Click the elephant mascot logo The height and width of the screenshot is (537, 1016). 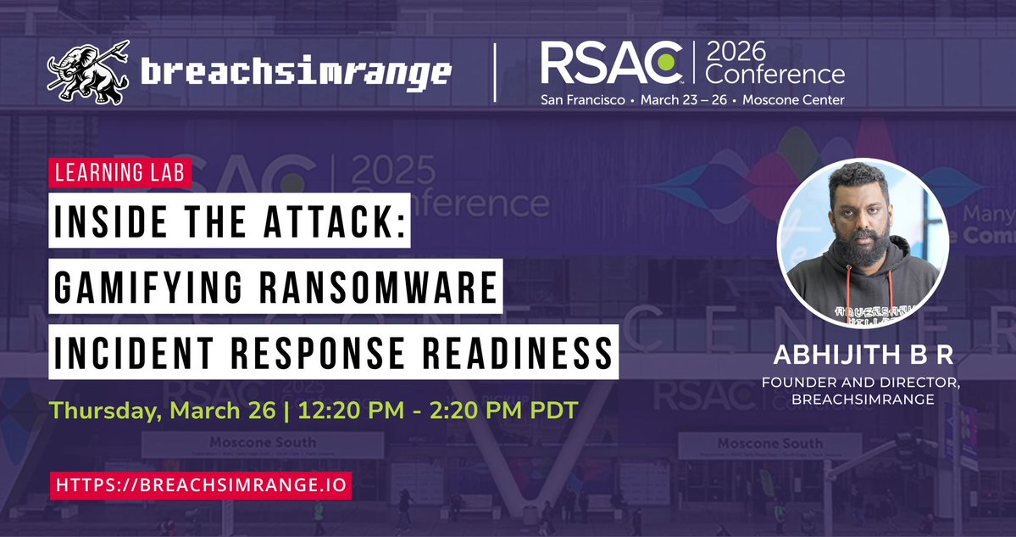coord(87,71)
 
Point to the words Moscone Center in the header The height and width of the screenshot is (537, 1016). coord(796,100)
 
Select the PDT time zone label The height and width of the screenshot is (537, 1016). coord(552,411)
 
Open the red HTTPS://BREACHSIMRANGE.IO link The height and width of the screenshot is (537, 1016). coord(200,485)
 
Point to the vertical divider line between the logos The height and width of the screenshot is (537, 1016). coord(495,73)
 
